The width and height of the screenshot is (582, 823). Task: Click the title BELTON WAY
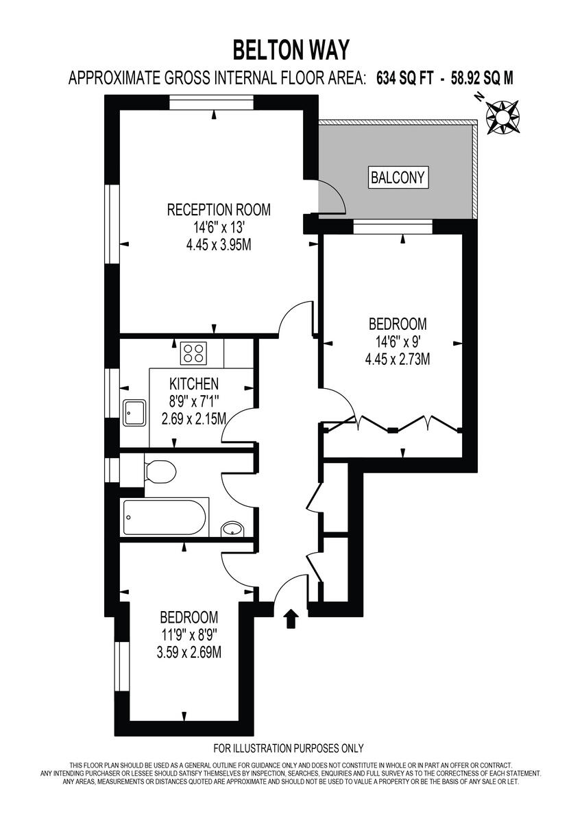[291, 50]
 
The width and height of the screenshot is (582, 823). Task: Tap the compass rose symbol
[502, 117]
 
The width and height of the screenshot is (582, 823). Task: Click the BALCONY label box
[398, 178]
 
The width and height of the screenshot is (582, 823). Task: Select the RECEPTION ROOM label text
[219, 210]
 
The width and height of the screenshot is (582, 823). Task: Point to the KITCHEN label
[194, 383]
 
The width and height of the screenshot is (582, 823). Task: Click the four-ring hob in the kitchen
[193, 353]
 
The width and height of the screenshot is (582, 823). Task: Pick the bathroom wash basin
[232, 529]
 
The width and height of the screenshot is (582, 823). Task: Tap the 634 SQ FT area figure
[405, 79]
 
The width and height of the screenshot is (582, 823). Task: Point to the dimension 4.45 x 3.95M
[219, 245]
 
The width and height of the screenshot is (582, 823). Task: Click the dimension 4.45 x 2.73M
[398, 359]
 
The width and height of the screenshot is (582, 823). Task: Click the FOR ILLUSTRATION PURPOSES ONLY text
[289, 748]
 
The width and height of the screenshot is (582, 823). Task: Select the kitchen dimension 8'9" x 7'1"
[194, 401]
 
